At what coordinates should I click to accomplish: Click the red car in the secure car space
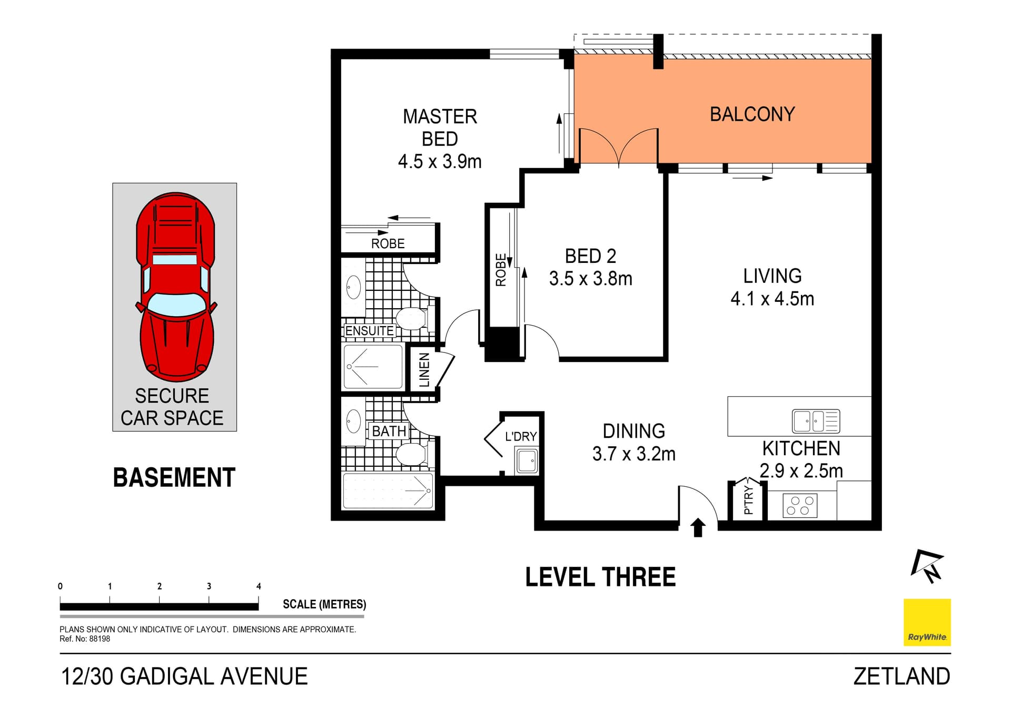pos(176,287)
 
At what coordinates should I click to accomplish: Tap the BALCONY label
pos(752,114)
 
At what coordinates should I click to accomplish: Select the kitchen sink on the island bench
pos(816,421)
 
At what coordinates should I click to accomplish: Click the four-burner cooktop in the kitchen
pos(800,505)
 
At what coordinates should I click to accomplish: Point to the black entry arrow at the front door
pos(698,527)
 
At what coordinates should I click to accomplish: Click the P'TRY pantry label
pos(748,500)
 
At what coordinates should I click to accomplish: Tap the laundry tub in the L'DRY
pos(527,461)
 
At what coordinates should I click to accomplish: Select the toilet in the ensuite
pos(411,318)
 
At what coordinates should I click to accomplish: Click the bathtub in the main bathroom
pos(388,491)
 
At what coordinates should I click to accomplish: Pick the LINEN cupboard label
pos(424,370)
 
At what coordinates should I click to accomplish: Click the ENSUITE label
pos(369,331)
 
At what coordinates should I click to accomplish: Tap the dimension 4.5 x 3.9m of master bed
pos(440,161)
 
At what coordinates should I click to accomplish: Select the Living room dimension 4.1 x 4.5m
pos(772,299)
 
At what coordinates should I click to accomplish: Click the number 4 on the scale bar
pos(259,586)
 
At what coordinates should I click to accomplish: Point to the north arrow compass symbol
pos(927,566)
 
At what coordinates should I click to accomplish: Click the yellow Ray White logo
pos(927,622)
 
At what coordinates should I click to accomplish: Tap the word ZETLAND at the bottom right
pos(901,677)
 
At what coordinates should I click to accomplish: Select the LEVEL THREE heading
pos(600,577)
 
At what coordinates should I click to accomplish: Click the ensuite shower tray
pos(373,366)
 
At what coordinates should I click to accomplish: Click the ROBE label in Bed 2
pos(501,270)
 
